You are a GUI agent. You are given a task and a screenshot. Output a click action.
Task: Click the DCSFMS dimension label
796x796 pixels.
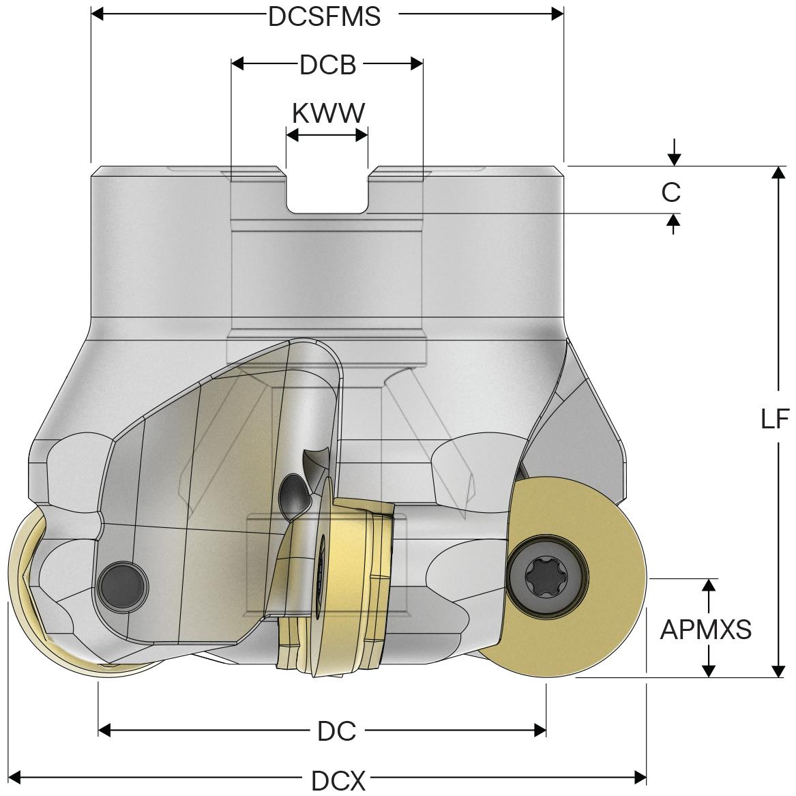pyautogui.click(x=324, y=16)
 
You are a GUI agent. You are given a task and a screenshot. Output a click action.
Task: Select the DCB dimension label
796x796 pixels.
pyautogui.click(x=327, y=65)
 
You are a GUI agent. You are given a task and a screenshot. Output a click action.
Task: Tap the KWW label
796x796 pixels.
pyautogui.click(x=328, y=113)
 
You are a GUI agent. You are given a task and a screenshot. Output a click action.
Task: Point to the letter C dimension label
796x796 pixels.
pyautogui.click(x=671, y=193)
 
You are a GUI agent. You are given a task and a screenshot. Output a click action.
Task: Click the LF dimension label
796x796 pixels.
pyautogui.click(x=774, y=419)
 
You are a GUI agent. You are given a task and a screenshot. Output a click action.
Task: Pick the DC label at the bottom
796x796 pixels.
pyautogui.click(x=337, y=732)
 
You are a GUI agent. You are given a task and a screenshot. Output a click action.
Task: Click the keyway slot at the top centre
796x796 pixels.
pyautogui.click(x=327, y=194)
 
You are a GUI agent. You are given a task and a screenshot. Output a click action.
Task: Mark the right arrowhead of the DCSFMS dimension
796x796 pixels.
pyautogui.click(x=557, y=14)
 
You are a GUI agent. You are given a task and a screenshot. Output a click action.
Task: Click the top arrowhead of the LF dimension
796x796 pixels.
pyautogui.click(x=778, y=171)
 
